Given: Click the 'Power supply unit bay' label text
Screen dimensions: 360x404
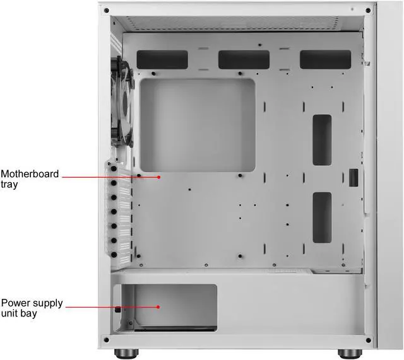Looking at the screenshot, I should click(32, 308).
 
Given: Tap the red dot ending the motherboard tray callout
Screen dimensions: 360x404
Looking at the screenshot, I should click(160, 177).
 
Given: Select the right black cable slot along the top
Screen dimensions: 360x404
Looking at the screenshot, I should click(325, 59).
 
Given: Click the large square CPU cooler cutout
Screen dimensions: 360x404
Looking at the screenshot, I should click(197, 125).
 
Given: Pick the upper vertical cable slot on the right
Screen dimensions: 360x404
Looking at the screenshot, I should click(321, 139).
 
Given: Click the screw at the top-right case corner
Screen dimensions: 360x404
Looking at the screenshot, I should click(368, 11).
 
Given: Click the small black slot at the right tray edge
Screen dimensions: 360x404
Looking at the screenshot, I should click(353, 178).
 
